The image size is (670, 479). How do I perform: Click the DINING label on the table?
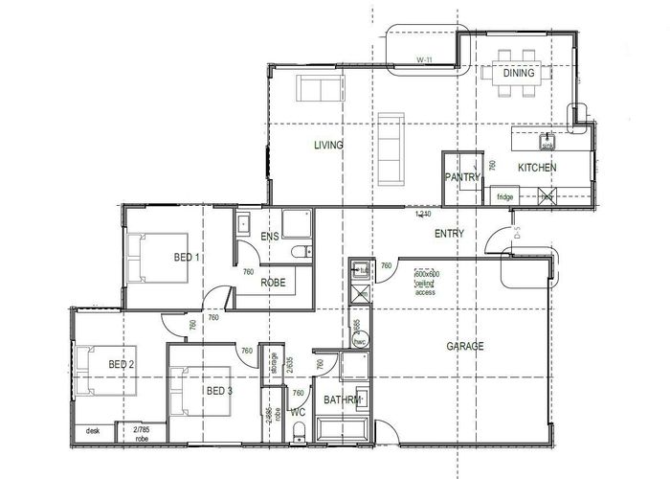[518, 73]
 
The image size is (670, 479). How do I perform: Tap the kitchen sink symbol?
[547, 143]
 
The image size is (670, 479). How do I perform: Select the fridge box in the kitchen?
[505, 196]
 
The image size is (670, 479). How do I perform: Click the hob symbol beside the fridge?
[547, 195]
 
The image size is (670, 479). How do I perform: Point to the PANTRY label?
[460, 177]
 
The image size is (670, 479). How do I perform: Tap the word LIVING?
[329, 145]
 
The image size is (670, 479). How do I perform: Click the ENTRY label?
[449, 233]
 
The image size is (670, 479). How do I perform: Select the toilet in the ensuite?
[301, 252]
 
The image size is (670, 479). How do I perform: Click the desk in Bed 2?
[93, 431]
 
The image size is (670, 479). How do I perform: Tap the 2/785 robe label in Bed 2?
[142, 433]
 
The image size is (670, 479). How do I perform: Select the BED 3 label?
[219, 391]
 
